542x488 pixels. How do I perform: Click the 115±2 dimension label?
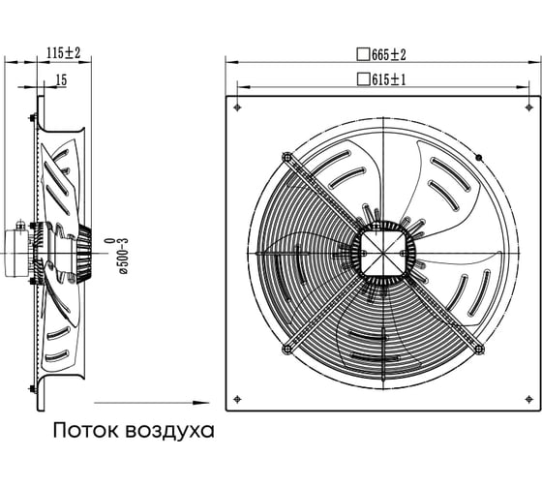click(x=64, y=53)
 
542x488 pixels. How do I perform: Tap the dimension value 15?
click(x=61, y=80)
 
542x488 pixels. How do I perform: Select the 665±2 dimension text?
click(x=389, y=54)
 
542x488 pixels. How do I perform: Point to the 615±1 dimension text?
click(x=389, y=80)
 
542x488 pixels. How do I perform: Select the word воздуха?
click(x=169, y=431)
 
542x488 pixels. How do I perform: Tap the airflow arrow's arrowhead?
click(x=201, y=403)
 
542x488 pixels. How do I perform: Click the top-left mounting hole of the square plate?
click(x=237, y=107)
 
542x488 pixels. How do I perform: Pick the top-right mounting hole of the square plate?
click(x=528, y=107)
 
